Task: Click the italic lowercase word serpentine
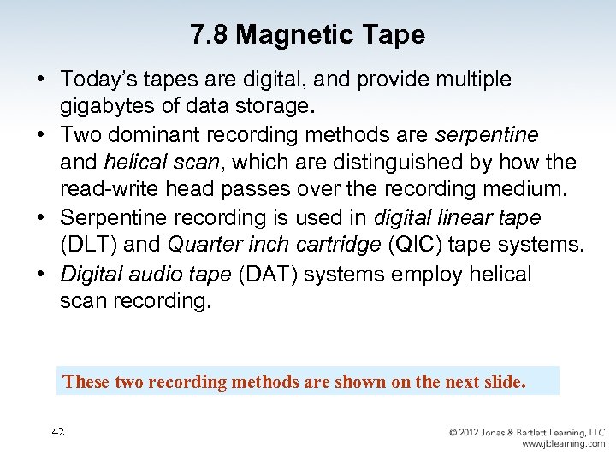coord(487,134)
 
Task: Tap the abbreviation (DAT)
coord(267,275)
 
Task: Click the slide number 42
coord(57,432)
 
